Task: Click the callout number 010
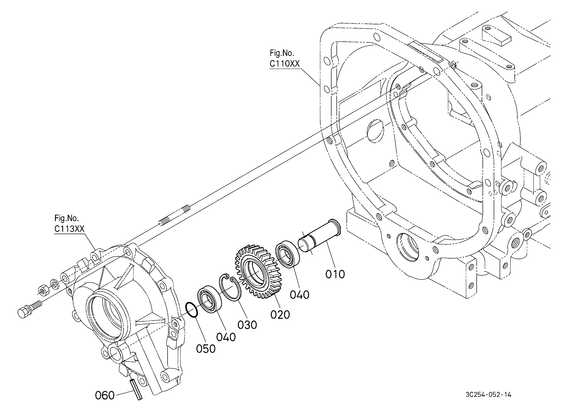coord(335,274)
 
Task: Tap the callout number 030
coord(247,325)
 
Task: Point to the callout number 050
coord(206,349)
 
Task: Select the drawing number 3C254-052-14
coord(488,395)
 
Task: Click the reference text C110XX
coord(285,64)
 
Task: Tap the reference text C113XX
coord(69,229)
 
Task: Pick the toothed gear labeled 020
coord(258,272)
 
